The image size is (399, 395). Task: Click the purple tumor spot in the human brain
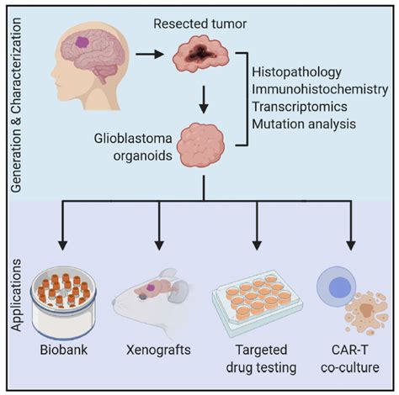click(x=82, y=43)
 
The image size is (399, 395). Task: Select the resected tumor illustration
click(x=200, y=54)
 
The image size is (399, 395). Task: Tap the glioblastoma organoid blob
click(x=201, y=145)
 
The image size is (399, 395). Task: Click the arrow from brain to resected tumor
click(x=150, y=54)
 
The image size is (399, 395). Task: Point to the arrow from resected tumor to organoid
click(x=204, y=100)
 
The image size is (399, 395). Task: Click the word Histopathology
click(x=296, y=72)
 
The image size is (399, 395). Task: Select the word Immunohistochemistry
click(x=320, y=90)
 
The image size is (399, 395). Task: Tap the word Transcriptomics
click(x=300, y=107)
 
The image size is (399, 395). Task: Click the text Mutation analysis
click(x=304, y=124)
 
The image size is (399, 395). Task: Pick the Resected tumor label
click(x=200, y=24)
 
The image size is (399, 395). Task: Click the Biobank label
click(x=64, y=350)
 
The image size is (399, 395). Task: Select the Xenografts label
click(x=158, y=350)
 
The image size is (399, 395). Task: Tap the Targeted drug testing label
click(x=261, y=359)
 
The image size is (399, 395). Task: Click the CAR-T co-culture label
click(x=350, y=359)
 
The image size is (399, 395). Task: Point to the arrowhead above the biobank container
click(x=63, y=245)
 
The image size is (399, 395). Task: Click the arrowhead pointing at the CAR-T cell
click(x=351, y=245)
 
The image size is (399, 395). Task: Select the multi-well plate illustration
click(x=258, y=300)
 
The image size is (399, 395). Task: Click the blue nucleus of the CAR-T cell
click(x=340, y=287)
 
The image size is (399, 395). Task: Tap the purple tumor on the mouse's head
click(x=152, y=287)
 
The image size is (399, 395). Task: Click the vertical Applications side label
click(x=16, y=295)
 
